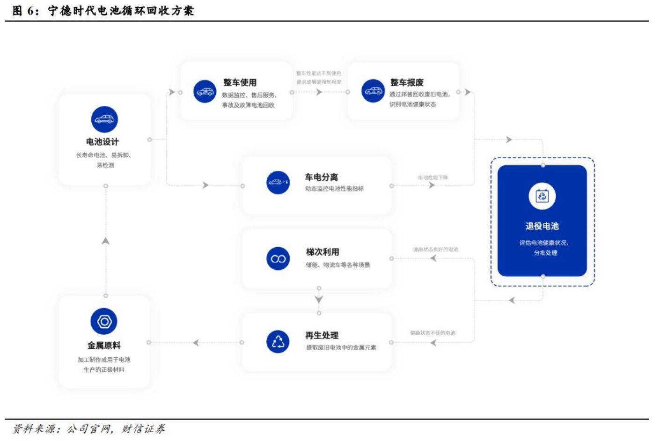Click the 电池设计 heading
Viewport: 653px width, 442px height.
coord(103,142)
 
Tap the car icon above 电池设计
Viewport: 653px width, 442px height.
coord(104,119)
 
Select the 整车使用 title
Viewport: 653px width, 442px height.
coord(240,82)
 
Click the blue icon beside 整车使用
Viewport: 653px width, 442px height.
coord(205,91)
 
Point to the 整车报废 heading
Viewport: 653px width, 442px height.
coord(407,82)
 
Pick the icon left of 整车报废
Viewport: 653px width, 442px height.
coord(373,91)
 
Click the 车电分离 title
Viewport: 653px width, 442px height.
coord(321,177)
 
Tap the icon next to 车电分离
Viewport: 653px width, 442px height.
coord(278,182)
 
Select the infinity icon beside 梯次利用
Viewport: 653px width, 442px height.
coord(278,258)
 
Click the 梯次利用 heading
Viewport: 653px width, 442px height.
coord(323,252)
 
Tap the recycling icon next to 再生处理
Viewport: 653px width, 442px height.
coord(278,341)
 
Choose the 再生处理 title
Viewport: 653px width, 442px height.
coord(322,335)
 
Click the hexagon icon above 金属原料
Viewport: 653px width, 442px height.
coord(104,322)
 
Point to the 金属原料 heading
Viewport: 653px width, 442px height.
coord(104,346)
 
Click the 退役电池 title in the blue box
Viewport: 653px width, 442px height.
coord(542,226)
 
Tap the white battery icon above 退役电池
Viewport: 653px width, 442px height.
coord(542,196)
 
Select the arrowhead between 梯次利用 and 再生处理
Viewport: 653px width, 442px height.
coord(319,300)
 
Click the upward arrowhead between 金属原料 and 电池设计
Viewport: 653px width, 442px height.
coord(106,241)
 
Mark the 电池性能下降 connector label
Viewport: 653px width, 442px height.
coord(433,177)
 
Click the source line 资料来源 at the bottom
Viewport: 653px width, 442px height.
coord(89,429)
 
